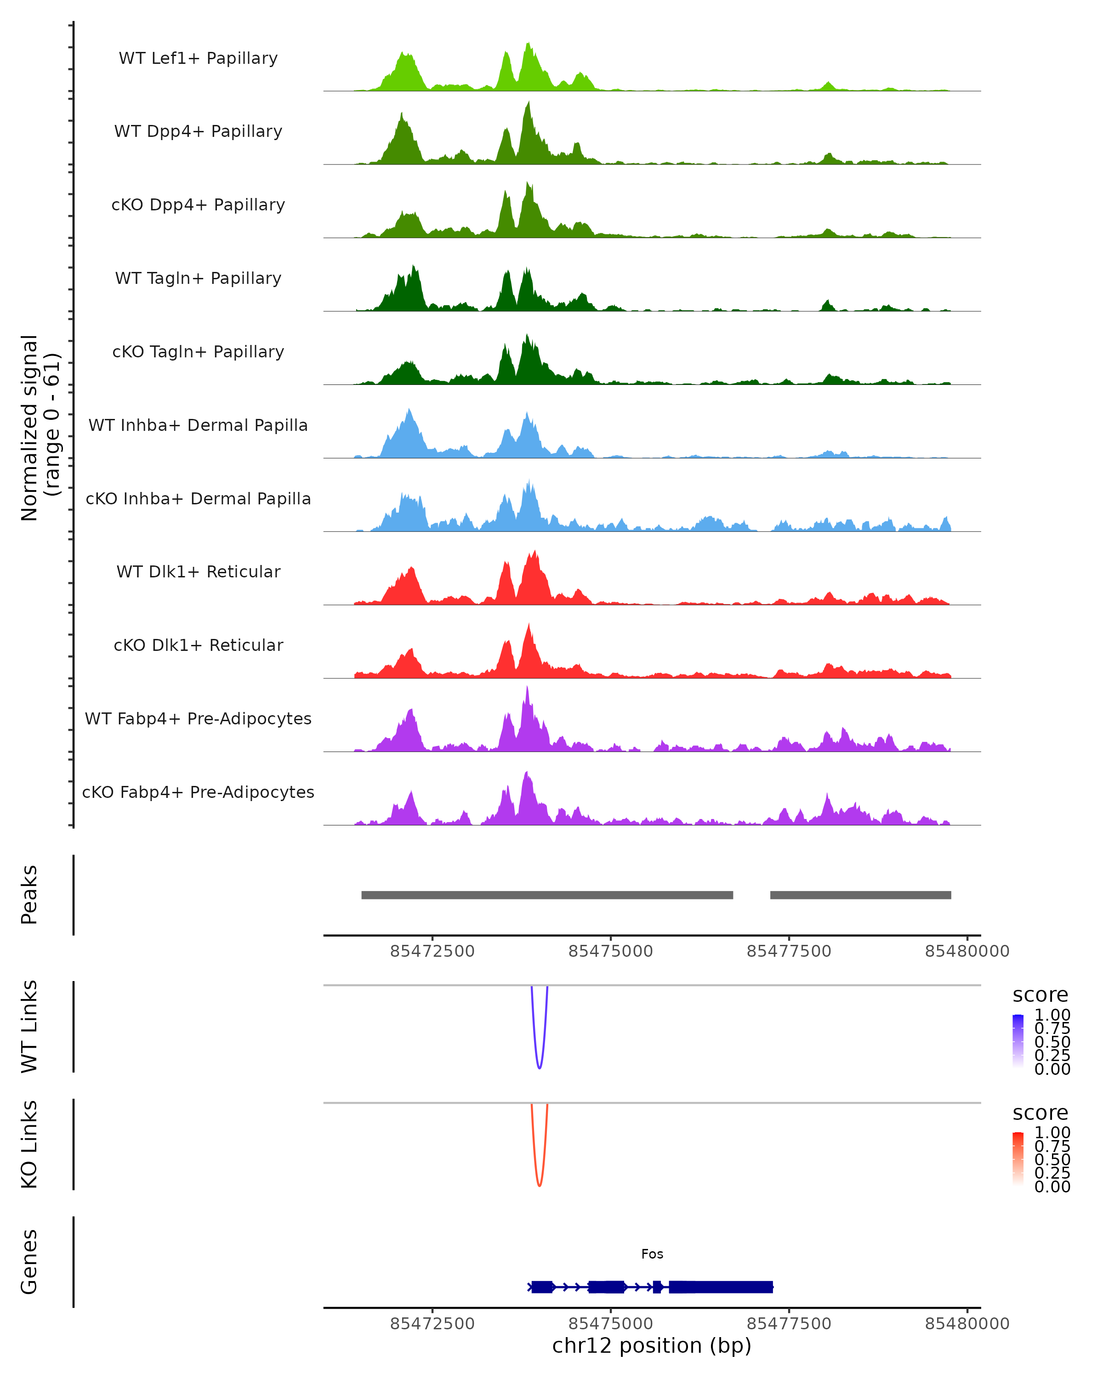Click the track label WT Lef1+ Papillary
pyautogui.click(x=198, y=58)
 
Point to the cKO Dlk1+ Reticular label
pyautogui.click(x=198, y=645)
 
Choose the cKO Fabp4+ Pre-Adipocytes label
pyautogui.click(x=198, y=792)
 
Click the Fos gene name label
pyautogui.click(x=652, y=1254)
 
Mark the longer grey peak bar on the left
pyautogui.click(x=547, y=895)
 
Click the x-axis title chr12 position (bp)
pyautogui.click(x=652, y=1345)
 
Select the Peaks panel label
pyautogui.click(x=29, y=895)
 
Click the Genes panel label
pyautogui.click(x=29, y=1262)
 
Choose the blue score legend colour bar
pyautogui.click(x=1018, y=1041)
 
